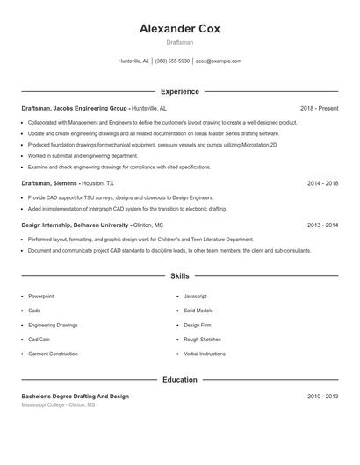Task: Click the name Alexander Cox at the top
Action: click(x=180, y=29)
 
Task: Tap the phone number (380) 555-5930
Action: click(x=172, y=61)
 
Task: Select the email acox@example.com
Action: click(x=219, y=61)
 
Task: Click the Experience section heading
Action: click(x=180, y=91)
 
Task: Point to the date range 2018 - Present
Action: click(x=319, y=108)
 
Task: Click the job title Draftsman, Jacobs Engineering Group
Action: click(x=75, y=108)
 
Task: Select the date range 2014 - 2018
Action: click(x=322, y=184)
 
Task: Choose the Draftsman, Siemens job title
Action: click(x=50, y=184)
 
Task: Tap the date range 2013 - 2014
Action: click(x=322, y=225)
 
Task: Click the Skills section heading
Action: click(x=180, y=276)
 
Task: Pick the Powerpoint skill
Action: click(x=40, y=297)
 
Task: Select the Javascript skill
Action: click(x=195, y=297)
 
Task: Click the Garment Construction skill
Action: click(x=53, y=354)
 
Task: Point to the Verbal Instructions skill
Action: click(x=205, y=354)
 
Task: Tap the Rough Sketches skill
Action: click(x=202, y=340)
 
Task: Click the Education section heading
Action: click(x=180, y=380)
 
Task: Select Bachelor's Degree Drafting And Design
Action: click(x=75, y=397)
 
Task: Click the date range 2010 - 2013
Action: click(x=322, y=397)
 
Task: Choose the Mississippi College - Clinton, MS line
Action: click(x=58, y=405)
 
